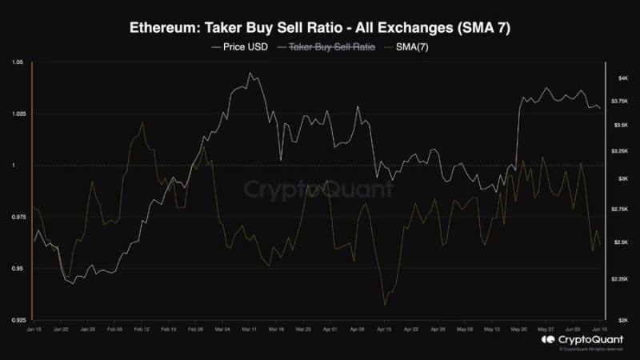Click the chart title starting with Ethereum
pyautogui.click(x=320, y=28)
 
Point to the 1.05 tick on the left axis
pyautogui.click(x=18, y=62)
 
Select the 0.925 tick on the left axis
pyautogui.click(x=17, y=320)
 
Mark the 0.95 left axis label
pyautogui.click(x=18, y=269)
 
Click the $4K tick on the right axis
pyautogui.click(x=622, y=78)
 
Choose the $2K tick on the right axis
pyautogui.click(x=622, y=320)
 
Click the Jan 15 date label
pyautogui.click(x=34, y=329)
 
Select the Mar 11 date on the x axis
pyautogui.click(x=249, y=329)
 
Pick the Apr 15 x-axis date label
pyautogui.click(x=384, y=329)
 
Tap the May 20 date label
pyautogui.click(x=519, y=329)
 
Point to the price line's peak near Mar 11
pyautogui.click(x=250, y=73)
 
